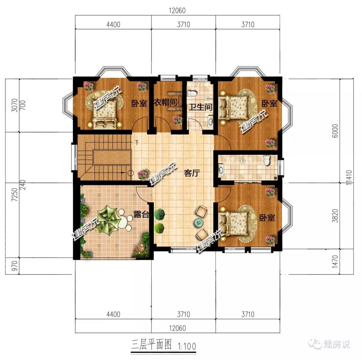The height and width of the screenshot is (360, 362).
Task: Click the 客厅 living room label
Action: click(x=192, y=172)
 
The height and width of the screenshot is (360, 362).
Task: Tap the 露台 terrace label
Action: click(x=141, y=214)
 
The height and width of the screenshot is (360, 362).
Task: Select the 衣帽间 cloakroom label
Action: click(x=166, y=102)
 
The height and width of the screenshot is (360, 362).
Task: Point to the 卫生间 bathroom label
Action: click(x=201, y=107)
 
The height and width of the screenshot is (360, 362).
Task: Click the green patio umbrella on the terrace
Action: click(x=108, y=219)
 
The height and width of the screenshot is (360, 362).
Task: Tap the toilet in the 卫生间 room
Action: click(x=192, y=93)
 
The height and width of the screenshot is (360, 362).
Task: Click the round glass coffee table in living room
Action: click(x=198, y=222)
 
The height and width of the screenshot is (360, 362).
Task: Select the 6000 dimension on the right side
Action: click(x=335, y=131)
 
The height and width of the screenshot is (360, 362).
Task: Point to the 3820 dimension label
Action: click(x=335, y=216)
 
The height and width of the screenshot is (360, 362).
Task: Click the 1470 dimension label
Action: click(x=335, y=262)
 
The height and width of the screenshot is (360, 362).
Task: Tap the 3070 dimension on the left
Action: click(x=14, y=105)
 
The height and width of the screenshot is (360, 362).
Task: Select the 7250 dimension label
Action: click(x=14, y=195)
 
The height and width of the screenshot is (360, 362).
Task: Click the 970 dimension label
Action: click(x=14, y=266)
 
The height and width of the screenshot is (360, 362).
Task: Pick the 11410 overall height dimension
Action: click(x=349, y=177)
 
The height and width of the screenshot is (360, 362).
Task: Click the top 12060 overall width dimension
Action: click(x=177, y=11)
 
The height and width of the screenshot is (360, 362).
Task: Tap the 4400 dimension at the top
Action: click(x=113, y=24)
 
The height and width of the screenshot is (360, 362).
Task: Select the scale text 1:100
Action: click(x=187, y=346)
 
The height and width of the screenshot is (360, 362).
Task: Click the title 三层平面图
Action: click(x=152, y=345)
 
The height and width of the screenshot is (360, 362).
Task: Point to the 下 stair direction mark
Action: click(x=137, y=143)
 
